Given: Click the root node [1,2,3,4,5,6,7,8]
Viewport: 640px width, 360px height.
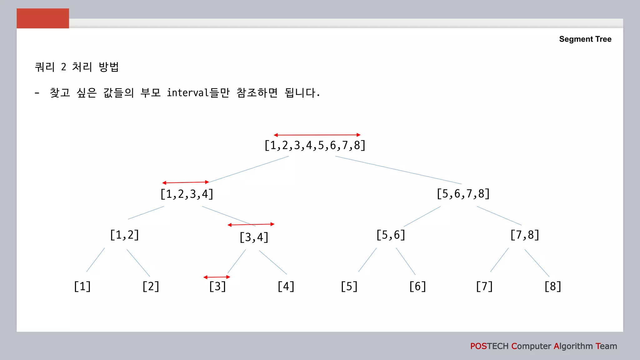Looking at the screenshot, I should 315,146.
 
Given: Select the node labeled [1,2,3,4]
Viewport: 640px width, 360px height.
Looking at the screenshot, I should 187,194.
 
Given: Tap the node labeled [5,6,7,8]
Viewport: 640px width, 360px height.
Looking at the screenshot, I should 463,194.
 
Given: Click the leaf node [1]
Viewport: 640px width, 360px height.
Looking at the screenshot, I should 82,286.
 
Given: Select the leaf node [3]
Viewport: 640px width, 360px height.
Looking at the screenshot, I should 217,286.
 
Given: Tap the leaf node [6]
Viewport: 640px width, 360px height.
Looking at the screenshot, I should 417,286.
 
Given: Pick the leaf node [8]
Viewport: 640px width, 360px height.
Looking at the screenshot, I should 553,286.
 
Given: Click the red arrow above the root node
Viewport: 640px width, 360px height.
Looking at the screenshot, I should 317,135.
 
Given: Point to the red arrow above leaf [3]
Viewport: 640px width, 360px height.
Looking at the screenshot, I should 217,277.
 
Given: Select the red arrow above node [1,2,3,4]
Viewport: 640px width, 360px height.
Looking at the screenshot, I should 186,182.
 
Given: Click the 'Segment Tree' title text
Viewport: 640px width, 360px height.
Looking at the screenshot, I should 585,39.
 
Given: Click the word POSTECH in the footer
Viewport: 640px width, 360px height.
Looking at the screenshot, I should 489,346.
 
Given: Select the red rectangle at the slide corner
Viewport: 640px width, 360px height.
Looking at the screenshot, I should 43,18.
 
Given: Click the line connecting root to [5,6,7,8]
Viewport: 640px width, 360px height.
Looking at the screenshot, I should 398,170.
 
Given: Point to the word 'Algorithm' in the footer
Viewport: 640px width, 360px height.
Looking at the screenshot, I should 573,346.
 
